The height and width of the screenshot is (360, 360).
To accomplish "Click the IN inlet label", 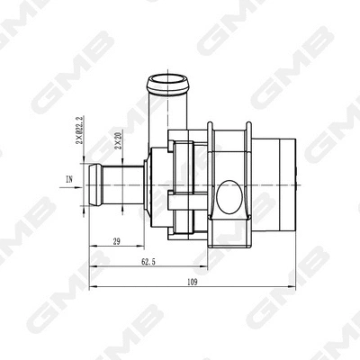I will (69, 179).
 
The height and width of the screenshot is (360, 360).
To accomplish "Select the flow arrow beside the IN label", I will (82, 179).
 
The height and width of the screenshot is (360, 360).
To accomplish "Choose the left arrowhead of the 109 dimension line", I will (90, 288).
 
